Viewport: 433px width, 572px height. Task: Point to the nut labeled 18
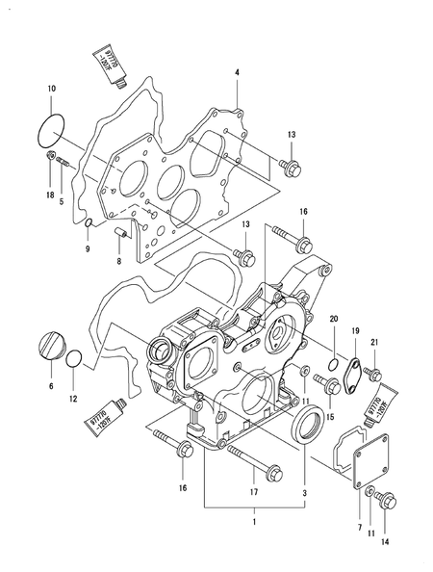50,157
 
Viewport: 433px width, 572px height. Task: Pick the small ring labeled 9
88,225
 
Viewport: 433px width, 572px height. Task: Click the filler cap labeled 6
52,345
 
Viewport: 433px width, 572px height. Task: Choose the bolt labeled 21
375,372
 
